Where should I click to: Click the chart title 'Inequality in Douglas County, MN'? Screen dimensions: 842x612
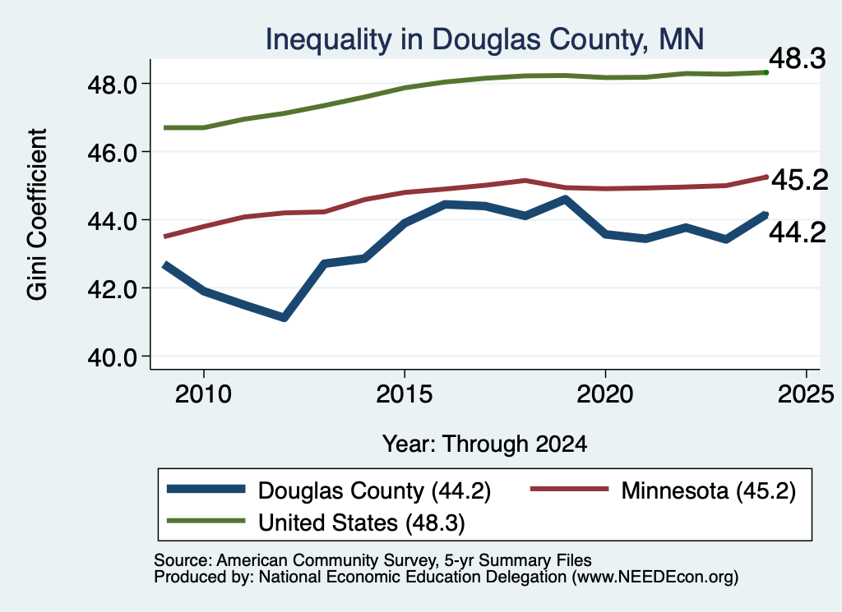point(484,39)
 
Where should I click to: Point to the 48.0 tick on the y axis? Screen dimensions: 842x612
point(112,85)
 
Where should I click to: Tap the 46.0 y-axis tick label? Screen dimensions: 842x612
point(112,152)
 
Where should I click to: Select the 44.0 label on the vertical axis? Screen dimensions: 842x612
point(112,220)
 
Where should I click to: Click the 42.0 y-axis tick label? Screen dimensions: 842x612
point(112,288)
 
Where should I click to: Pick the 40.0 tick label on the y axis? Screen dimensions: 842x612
point(112,357)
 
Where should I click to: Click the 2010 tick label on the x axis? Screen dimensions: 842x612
point(203,394)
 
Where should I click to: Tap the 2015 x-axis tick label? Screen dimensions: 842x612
point(404,394)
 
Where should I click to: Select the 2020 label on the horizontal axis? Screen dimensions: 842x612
point(605,394)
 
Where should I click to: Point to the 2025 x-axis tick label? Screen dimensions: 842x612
point(806,394)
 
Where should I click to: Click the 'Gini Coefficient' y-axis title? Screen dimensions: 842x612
point(38,214)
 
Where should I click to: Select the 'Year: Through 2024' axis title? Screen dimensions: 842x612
point(484,444)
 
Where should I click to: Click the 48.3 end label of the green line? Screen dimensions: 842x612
point(797,58)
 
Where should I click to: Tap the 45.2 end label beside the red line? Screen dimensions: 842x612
point(799,179)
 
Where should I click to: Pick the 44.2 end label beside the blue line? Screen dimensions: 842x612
point(797,232)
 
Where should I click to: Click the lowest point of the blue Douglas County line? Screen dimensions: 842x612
point(284,318)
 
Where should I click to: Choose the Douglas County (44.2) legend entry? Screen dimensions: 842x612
point(329,490)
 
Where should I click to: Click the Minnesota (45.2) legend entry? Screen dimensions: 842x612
point(663,490)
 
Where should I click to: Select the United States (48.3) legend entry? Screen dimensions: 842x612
point(316,522)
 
